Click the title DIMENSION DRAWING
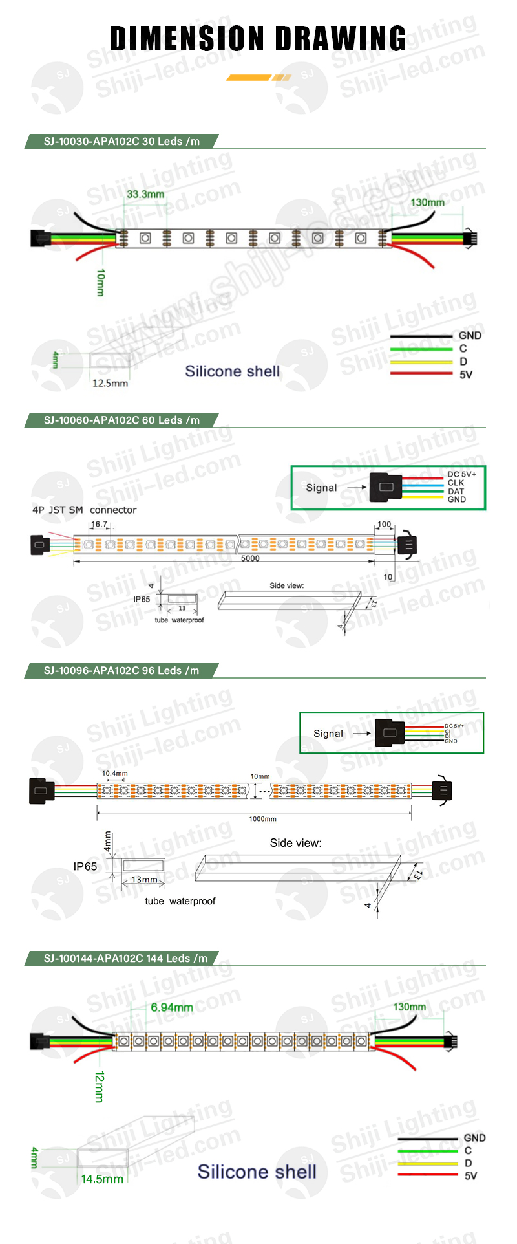coord(258,39)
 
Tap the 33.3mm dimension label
coord(145,194)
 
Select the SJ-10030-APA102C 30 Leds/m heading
coord(121,142)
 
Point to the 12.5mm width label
coord(110,383)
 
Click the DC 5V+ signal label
coord(461,474)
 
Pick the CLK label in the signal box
coord(456,483)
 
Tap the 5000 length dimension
coord(250,558)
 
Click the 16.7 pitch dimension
coord(99,525)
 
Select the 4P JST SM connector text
coord(84,510)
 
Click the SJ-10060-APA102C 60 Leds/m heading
coord(121,420)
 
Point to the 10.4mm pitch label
coord(114,773)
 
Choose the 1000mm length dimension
coord(262,819)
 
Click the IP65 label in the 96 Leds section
coord(85,866)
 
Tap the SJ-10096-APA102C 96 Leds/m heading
coord(121,671)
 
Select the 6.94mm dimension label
coord(171,1007)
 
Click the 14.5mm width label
coord(102,1179)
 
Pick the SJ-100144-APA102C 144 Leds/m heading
coord(125,959)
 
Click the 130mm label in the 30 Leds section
coord(427,202)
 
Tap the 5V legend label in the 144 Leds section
coord(470,1175)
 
